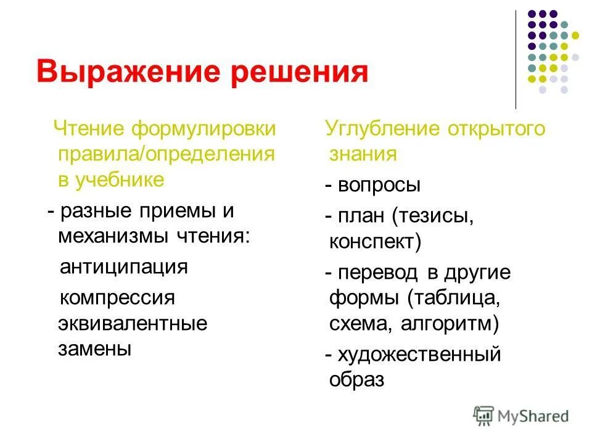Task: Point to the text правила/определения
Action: (x=166, y=154)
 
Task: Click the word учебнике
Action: (x=120, y=179)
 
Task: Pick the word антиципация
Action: (x=123, y=267)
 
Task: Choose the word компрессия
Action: (x=117, y=298)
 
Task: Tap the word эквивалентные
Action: (x=133, y=323)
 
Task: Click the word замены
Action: (x=95, y=348)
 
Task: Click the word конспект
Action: (x=374, y=242)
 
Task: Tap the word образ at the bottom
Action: (x=357, y=380)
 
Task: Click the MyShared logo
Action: (x=521, y=416)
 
